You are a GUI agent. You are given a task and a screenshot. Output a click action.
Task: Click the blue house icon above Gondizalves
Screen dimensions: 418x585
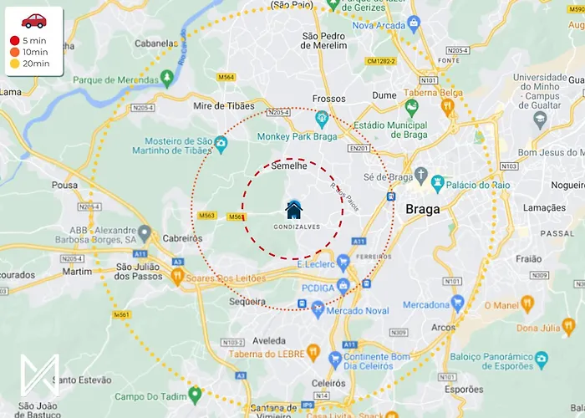click(293, 210)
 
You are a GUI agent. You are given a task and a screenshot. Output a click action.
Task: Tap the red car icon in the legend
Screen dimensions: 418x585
click(34, 21)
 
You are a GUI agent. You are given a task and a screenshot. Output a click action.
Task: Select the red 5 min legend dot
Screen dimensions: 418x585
click(14, 41)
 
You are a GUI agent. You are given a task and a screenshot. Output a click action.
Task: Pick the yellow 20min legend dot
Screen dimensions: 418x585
click(14, 64)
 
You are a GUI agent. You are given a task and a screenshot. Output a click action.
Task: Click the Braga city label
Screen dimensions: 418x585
click(422, 209)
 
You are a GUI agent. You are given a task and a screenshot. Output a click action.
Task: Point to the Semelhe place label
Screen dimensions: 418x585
click(290, 166)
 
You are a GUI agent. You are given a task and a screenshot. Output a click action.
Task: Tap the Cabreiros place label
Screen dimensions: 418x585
click(183, 237)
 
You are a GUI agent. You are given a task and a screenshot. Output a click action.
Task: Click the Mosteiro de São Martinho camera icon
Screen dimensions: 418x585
click(221, 145)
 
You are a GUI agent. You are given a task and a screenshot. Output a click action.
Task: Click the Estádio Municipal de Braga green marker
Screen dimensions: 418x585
click(411, 107)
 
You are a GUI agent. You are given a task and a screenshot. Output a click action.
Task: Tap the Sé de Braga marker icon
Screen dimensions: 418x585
click(419, 177)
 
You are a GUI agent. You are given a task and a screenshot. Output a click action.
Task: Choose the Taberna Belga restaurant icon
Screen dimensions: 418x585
click(447, 105)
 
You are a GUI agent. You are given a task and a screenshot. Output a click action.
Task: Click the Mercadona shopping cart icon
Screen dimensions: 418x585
click(457, 303)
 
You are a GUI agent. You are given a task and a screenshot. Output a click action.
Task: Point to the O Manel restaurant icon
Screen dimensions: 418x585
click(526, 303)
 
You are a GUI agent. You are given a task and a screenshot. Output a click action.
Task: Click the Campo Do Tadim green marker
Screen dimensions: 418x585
click(195, 393)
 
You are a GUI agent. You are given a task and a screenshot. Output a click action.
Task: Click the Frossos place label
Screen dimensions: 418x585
click(328, 98)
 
